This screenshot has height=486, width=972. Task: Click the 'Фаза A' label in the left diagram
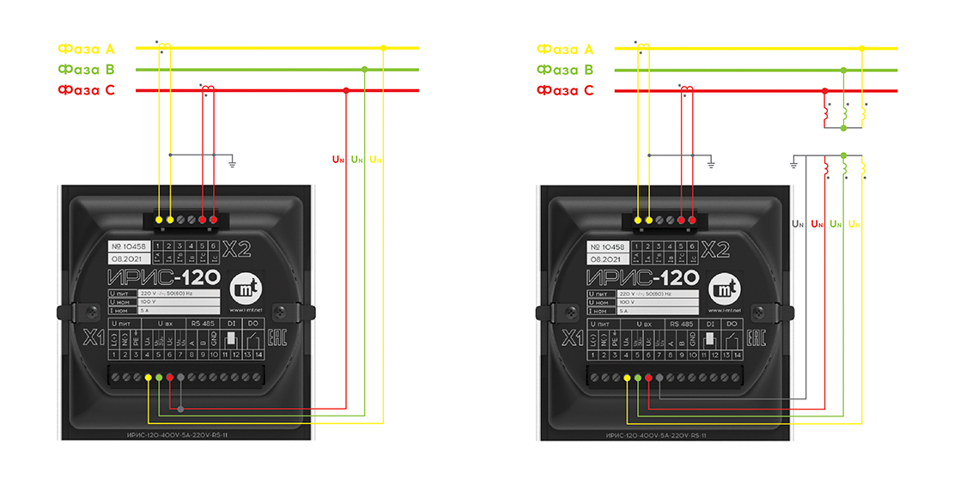coord(86,49)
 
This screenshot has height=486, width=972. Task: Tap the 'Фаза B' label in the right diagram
coord(565,70)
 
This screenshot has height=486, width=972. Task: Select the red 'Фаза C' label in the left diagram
coord(86,90)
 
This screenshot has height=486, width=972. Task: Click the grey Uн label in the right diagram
coord(798,224)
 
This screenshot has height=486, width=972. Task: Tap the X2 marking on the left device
coord(236,250)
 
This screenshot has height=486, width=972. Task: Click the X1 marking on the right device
coord(571,337)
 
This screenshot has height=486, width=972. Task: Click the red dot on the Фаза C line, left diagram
coord(346,90)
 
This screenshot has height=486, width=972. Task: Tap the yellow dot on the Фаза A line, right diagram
coord(863,49)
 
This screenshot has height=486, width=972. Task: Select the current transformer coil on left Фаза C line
coord(206,88)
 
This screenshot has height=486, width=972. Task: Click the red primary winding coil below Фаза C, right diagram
coord(827,112)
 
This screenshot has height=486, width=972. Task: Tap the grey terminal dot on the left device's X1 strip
coord(180,410)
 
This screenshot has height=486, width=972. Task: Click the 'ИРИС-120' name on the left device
coord(163,276)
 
